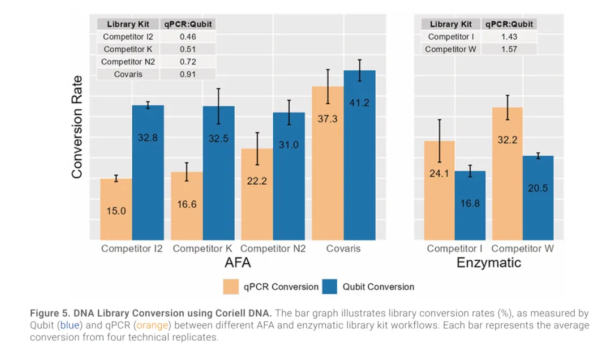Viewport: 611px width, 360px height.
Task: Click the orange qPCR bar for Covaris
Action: coord(328,170)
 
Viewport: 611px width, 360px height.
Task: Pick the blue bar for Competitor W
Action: coord(538,198)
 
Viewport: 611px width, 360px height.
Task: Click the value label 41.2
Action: coord(359,103)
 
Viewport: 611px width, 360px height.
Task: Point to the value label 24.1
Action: coord(439,173)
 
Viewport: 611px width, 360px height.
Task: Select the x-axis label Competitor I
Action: coord(454,248)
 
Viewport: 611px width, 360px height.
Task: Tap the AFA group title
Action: coord(238,263)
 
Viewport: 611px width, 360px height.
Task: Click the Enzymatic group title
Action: coord(488,263)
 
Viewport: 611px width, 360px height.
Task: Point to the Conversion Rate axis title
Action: coord(77,127)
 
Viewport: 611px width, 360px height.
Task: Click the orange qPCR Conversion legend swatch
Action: coord(231,286)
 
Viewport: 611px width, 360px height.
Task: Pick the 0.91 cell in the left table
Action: coord(188,74)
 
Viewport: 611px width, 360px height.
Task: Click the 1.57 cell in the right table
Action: coord(509,49)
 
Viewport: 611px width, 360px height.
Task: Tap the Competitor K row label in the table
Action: coord(128,49)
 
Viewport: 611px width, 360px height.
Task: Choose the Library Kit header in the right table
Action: coord(451,24)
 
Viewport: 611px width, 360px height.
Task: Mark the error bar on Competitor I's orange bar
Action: coord(439,141)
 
